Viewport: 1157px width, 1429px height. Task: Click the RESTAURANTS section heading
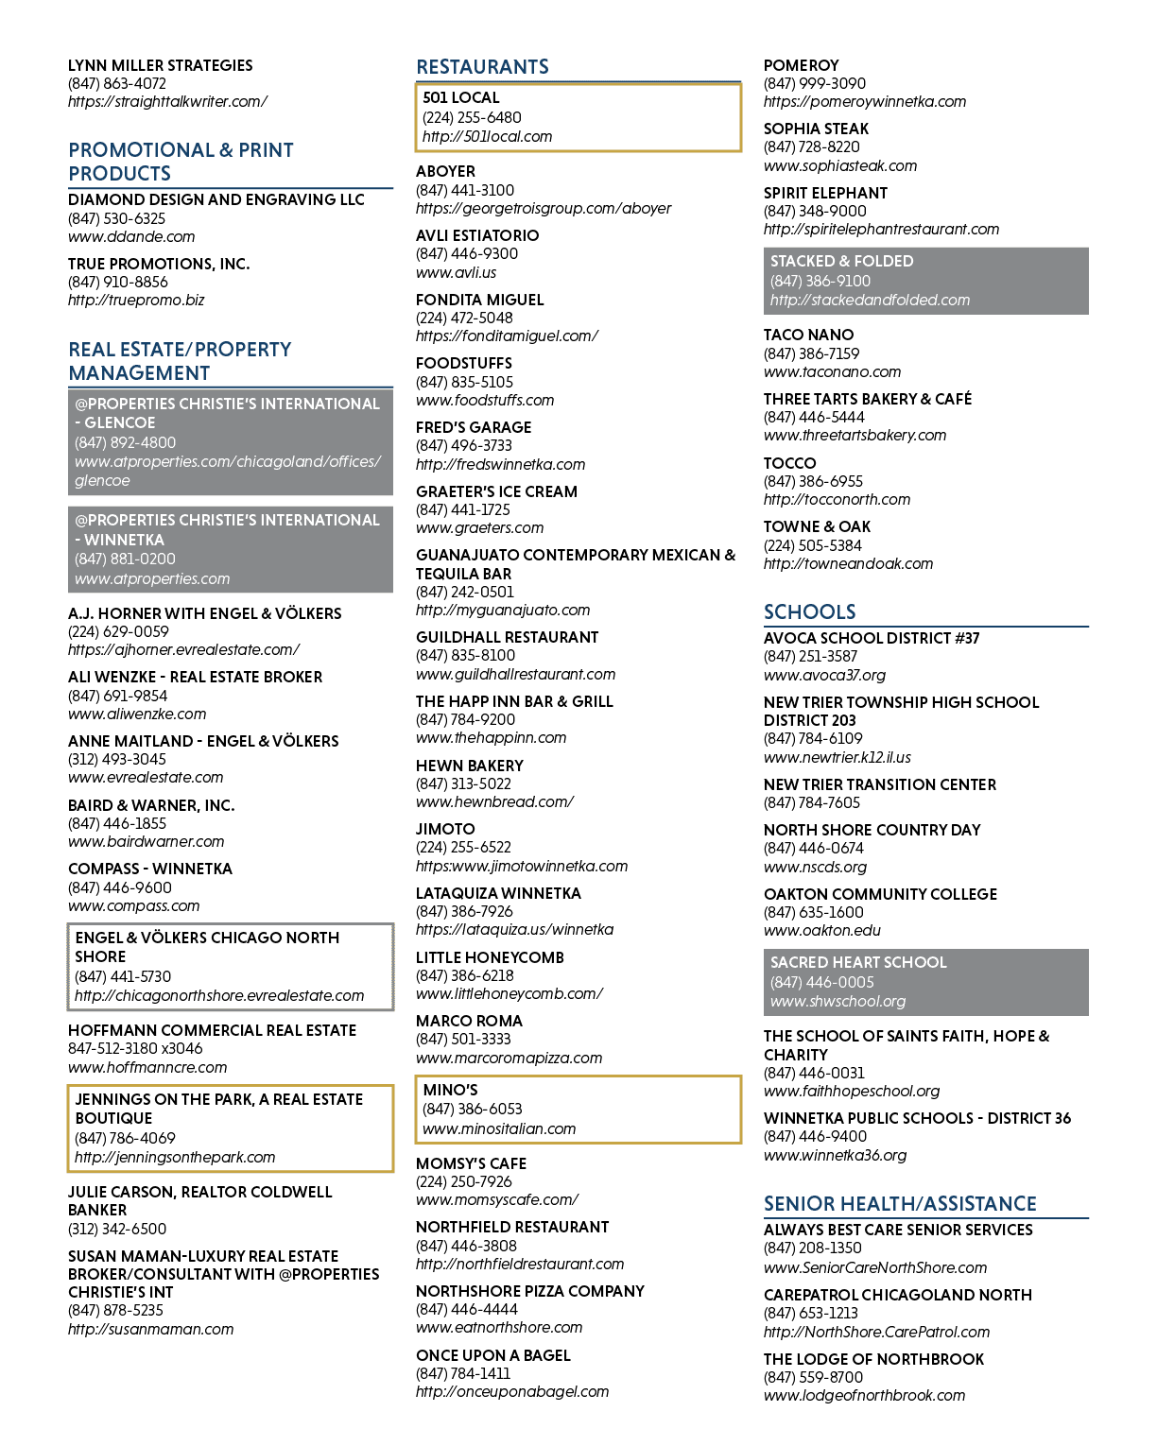[482, 66]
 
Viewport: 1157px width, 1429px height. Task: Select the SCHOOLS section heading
[809, 611]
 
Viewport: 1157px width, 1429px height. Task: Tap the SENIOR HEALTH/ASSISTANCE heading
[900, 1203]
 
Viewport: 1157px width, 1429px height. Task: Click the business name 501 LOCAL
[461, 97]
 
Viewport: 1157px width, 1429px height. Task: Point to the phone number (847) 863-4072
[117, 83]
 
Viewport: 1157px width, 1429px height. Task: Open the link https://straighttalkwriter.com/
[167, 101]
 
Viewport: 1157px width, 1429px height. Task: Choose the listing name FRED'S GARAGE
[474, 426]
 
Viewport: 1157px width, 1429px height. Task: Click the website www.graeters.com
[479, 527]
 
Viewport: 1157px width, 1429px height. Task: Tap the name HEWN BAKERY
[469, 765]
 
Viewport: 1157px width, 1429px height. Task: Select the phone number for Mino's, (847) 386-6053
[472, 1109]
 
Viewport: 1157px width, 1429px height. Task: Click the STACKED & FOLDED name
[841, 261]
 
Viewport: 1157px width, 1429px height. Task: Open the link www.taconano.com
[832, 371]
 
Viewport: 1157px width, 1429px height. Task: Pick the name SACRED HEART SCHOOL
[858, 961]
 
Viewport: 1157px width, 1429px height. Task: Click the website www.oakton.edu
[822, 930]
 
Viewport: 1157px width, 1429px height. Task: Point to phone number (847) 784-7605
[811, 802]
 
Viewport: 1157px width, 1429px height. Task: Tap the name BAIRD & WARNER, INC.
[151, 804]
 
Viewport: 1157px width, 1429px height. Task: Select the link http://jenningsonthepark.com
[175, 1157]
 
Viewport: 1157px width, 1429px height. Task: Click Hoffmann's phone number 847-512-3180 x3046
[135, 1048]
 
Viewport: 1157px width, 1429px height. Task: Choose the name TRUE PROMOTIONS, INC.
[159, 264]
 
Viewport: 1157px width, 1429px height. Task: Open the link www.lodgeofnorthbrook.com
[864, 1396]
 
